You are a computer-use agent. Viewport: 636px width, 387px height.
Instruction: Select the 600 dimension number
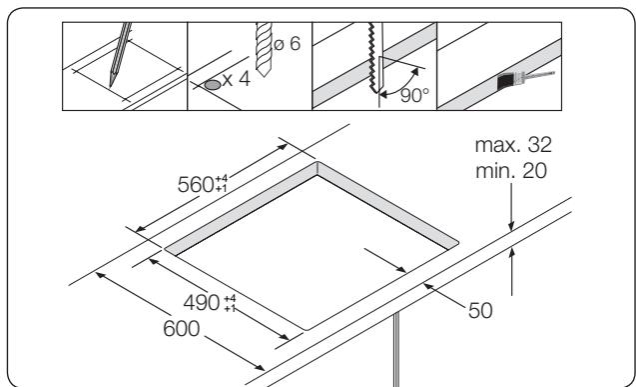[x=185, y=326]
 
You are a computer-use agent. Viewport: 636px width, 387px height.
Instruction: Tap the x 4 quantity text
[x=238, y=80]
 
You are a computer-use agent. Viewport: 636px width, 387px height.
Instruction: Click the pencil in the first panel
[x=122, y=59]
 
